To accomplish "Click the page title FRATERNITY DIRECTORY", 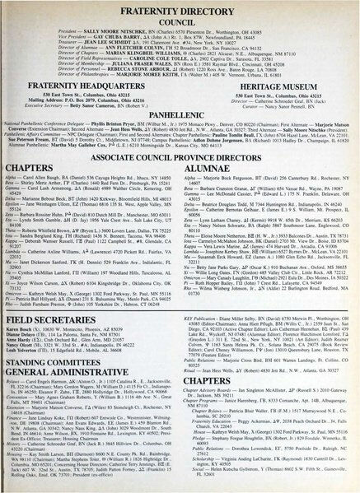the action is [x=180, y=8].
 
